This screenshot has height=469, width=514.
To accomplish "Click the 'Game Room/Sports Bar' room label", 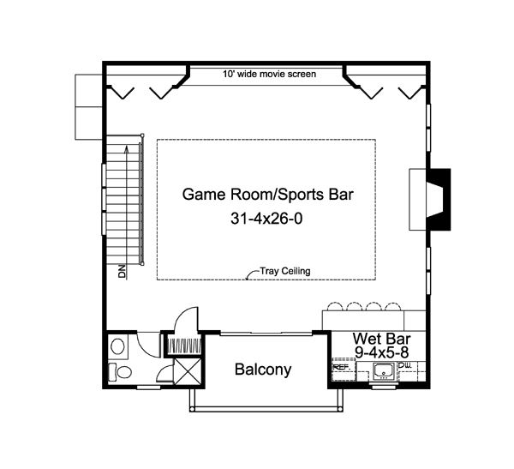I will [x=268, y=194].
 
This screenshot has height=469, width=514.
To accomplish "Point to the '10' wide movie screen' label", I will [x=269, y=75].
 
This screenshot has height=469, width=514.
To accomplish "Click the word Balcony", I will [x=263, y=370].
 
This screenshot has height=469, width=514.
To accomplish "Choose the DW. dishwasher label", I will [x=405, y=366].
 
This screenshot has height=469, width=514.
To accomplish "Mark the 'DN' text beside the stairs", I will [x=122, y=272].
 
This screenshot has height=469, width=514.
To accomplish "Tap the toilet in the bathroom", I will [x=119, y=371].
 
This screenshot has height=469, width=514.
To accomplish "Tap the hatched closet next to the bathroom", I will [x=181, y=346].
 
